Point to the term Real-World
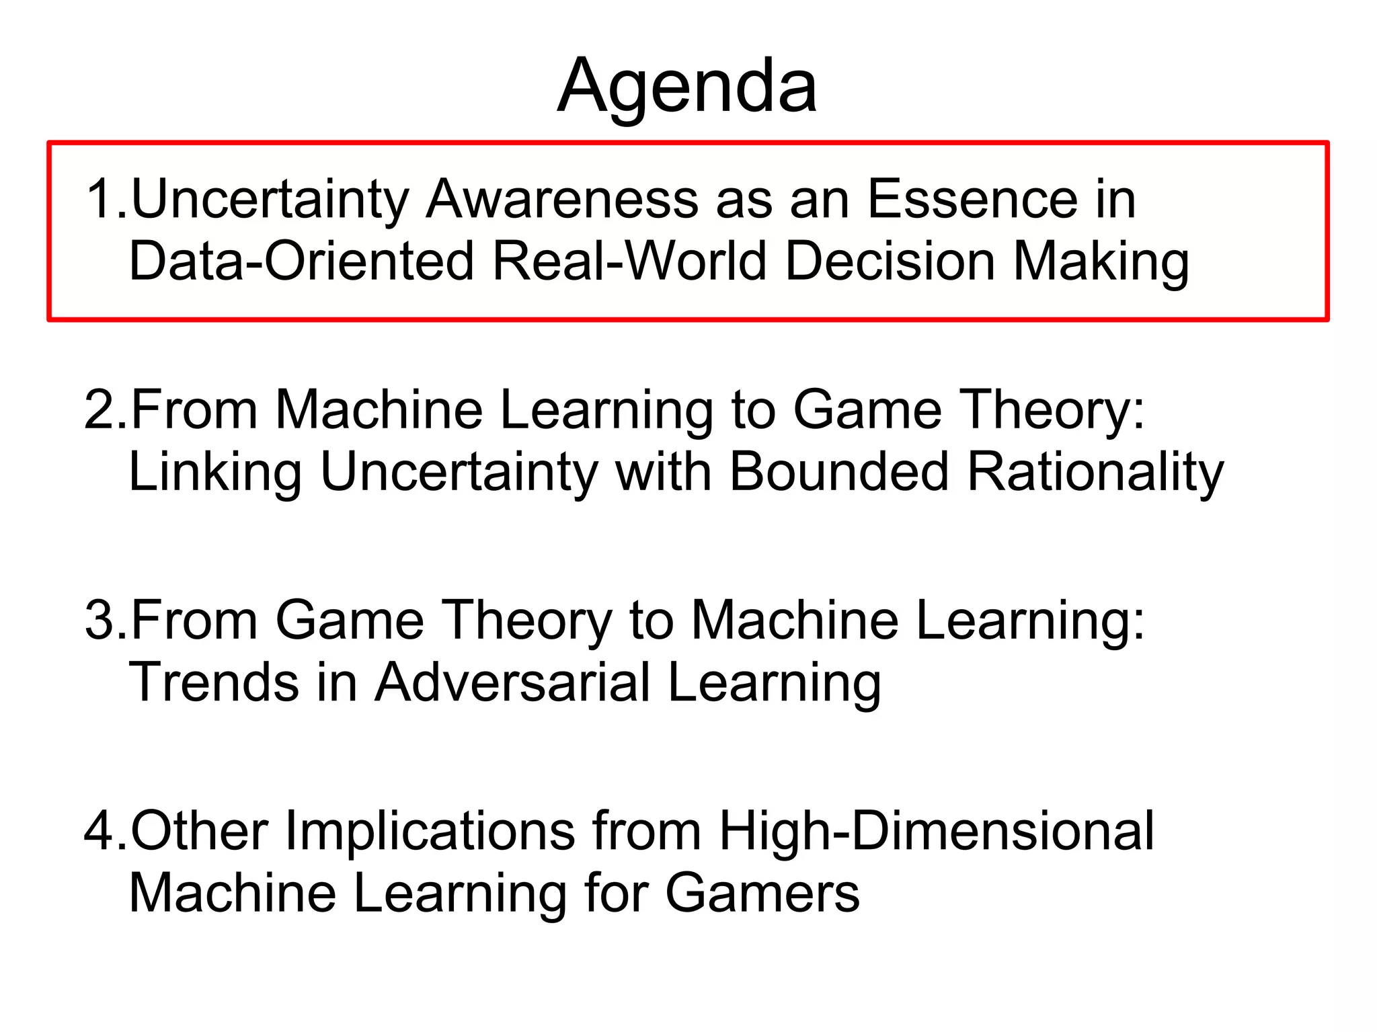click(629, 261)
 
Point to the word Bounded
click(839, 471)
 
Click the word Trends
click(214, 682)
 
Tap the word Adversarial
click(513, 682)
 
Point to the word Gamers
click(762, 893)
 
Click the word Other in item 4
click(199, 830)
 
